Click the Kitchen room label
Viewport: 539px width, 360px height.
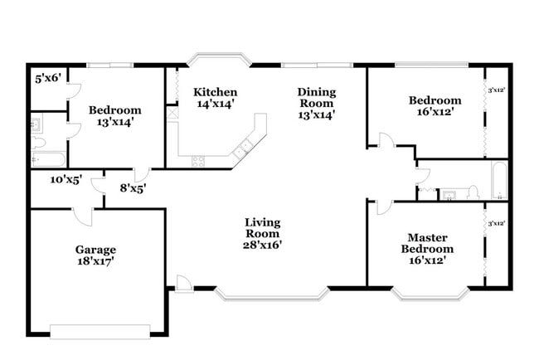pyautogui.click(x=215, y=98)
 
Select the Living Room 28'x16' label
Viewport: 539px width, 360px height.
pyautogui.click(x=262, y=233)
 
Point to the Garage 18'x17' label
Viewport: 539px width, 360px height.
pyautogui.click(x=95, y=255)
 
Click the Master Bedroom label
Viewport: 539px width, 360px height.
pyautogui.click(x=427, y=242)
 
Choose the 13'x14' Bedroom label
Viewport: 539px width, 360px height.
pyautogui.click(x=115, y=115)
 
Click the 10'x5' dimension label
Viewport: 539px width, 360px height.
pyautogui.click(x=66, y=180)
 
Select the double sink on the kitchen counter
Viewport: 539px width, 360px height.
pyautogui.click(x=243, y=150)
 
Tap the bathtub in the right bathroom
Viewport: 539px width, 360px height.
pyautogui.click(x=498, y=180)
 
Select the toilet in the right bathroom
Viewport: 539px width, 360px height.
pyautogui.click(x=473, y=192)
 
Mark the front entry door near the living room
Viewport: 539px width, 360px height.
pyautogui.click(x=183, y=284)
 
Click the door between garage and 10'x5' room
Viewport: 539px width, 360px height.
pyautogui.click(x=84, y=214)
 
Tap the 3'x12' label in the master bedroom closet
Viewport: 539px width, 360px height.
pyautogui.click(x=497, y=223)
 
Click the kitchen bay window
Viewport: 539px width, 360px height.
pyautogui.click(x=218, y=60)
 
